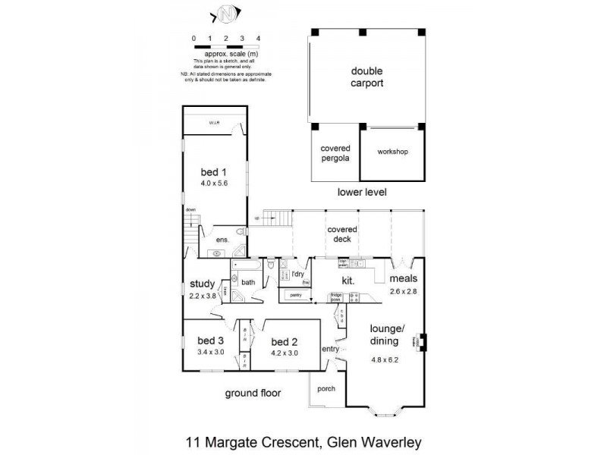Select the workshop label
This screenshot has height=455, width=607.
[392, 152]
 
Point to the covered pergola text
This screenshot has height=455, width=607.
[335, 153]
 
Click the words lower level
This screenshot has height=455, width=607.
[362, 192]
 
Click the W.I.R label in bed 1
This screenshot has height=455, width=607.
[214, 123]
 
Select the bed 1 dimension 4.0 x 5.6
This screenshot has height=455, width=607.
[214, 183]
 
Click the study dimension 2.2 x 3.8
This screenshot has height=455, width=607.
[203, 297]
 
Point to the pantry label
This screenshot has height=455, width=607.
[296, 295]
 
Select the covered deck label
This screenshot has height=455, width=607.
[342, 234]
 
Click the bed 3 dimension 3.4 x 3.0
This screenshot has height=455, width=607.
[209, 353]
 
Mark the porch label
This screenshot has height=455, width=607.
[326, 388]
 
